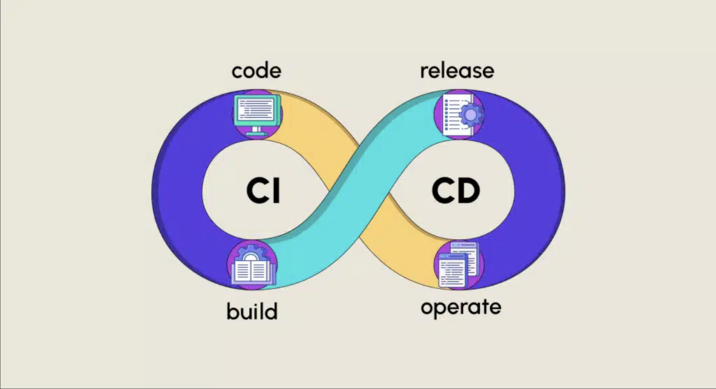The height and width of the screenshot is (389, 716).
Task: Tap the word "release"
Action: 457,71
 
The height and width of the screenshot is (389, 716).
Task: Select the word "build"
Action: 252,310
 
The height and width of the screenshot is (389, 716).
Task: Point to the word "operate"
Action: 461,307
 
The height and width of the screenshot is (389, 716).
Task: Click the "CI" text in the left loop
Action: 263,191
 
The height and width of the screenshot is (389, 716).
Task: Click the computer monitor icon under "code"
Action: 256,113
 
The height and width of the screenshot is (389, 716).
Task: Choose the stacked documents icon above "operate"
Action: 459,265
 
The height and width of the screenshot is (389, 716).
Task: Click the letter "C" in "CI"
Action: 256,191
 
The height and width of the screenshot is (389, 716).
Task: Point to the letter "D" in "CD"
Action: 470,191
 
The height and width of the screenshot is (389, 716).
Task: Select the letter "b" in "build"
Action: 231,310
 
